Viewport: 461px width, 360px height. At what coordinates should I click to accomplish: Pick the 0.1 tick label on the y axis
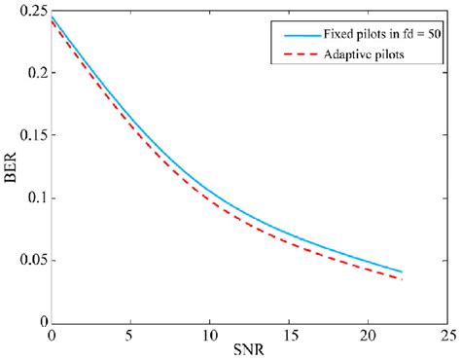34,198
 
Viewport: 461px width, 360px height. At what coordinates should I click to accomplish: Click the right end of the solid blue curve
402,271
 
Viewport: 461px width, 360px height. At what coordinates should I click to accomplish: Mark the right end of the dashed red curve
402,279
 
